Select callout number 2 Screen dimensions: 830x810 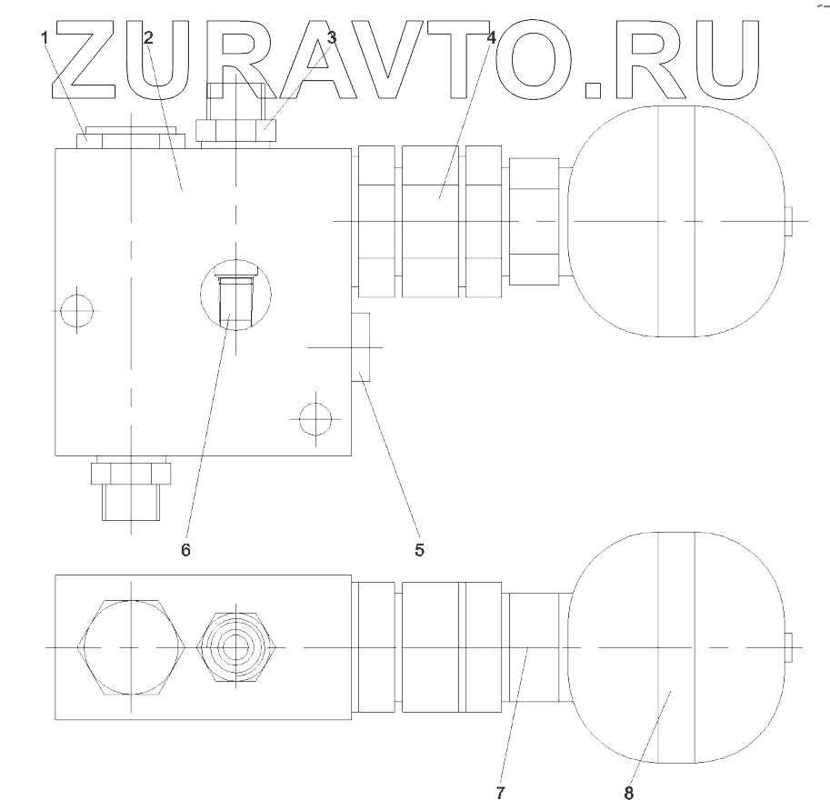click(x=148, y=38)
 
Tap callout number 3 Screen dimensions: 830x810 click(x=332, y=38)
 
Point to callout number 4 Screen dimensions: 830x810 click(x=492, y=38)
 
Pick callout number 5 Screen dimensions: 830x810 click(x=419, y=549)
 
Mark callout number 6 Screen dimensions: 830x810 click(x=185, y=549)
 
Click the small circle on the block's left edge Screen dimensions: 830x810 click(x=75, y=309)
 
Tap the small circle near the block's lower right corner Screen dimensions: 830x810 click(x=315, y=419)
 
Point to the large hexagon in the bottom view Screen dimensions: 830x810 click(x=134, y=645)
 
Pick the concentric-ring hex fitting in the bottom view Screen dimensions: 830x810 click(x=236, y=645)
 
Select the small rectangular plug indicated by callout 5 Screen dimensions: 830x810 click(x=360, y=346)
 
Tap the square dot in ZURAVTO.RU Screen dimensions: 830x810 click(x=593, y=88)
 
